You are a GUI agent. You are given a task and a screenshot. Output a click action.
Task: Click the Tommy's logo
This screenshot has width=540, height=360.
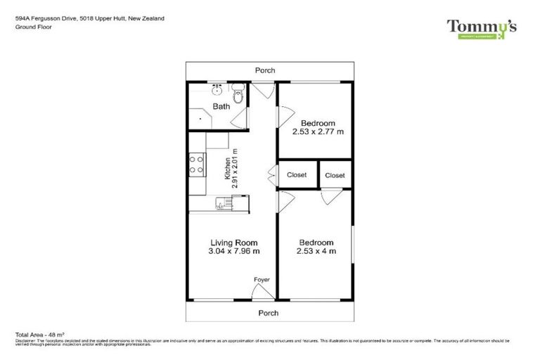482,27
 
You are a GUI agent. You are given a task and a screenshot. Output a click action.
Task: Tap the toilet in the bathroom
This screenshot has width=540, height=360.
238,94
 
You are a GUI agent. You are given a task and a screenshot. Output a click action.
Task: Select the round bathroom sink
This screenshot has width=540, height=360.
217,91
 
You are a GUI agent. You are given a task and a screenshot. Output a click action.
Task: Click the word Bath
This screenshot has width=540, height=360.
221,107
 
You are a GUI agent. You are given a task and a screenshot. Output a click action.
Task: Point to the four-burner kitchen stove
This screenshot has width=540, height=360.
196,165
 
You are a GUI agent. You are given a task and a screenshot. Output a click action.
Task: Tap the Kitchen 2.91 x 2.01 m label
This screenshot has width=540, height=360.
231,169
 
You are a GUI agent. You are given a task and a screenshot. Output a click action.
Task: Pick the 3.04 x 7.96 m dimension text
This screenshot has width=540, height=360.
234,251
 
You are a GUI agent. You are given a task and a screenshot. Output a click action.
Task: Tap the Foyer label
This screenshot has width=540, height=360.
262,280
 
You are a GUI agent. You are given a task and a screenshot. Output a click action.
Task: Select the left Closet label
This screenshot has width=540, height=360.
297,174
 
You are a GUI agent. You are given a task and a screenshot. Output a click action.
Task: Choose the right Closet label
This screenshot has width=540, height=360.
335,175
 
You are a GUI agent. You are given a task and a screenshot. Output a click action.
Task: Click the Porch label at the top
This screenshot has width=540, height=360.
266,70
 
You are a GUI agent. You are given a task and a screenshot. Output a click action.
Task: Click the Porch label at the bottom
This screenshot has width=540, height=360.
268,313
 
